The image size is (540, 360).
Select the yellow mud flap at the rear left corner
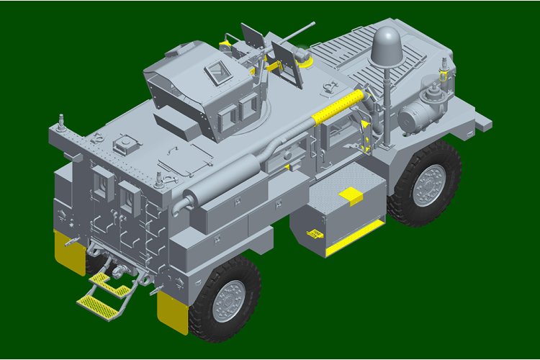[69, 252]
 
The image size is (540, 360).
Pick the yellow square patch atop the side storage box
[350, 194]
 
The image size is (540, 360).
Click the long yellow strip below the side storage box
[354, 238]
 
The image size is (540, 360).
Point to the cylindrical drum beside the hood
[415, 115]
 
